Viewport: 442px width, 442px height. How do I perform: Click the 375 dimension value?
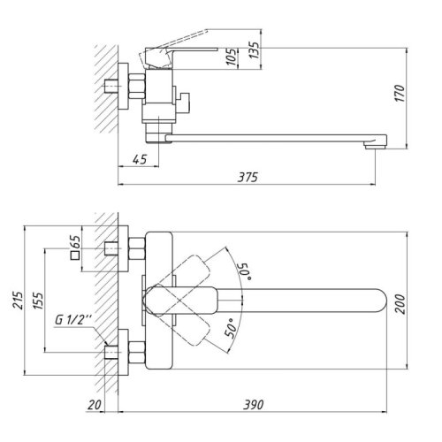coord(248,178)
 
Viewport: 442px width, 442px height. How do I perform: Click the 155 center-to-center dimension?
coord(35,302)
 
